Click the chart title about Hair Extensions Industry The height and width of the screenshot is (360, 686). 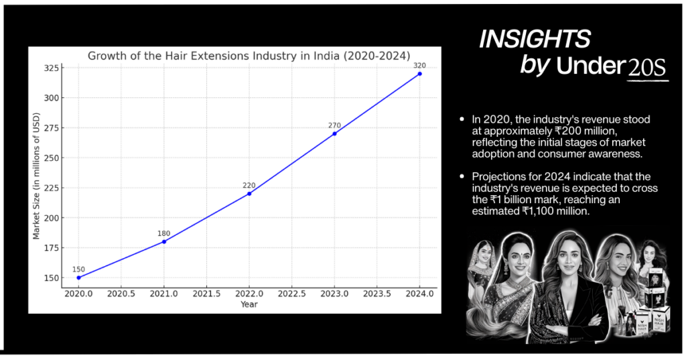click(249, 56)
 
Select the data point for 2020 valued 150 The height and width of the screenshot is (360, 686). click(79, 278)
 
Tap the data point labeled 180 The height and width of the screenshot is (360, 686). click(164, 241)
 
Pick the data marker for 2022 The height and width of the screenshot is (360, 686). click(249, 194)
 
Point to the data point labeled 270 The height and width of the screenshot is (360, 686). click(334, 133)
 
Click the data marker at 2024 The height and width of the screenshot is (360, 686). click(420, 74)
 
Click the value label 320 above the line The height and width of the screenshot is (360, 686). click(419, 65)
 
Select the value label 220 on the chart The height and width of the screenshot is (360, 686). click(249, 185)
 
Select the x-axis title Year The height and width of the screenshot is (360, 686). click(249, 304)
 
